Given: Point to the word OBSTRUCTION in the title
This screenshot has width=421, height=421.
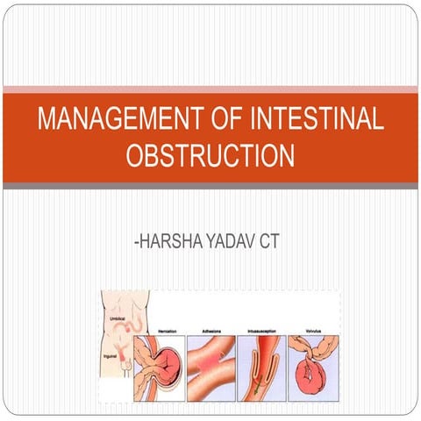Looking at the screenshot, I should tap(210, 156).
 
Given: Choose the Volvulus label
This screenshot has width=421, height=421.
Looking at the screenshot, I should tap(311, 331).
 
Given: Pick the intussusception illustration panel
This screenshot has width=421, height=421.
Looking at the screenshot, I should tap(262, 367).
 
